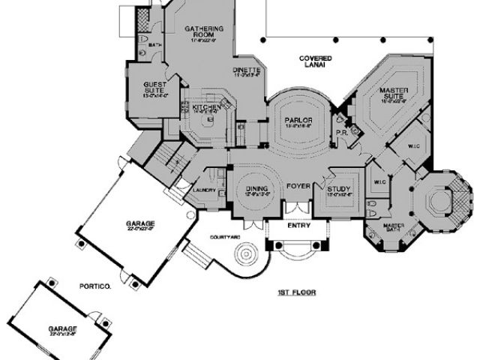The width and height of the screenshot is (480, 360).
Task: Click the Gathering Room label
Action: click(200, 32)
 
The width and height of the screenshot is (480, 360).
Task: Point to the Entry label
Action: click(299, 224)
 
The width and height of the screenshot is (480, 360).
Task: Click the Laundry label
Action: click(204, 190)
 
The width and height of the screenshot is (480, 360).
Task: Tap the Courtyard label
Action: click(224, 236)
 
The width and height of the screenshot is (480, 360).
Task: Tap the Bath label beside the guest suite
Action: click(154, 45)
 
